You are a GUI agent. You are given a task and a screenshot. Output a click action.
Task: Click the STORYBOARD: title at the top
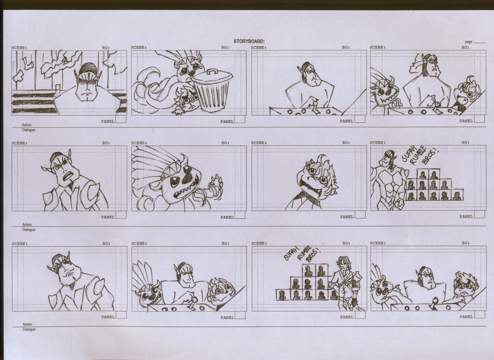point(249,41)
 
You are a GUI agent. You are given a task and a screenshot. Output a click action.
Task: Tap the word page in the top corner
point(469,42)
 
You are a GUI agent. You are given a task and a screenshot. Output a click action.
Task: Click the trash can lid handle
point(212,71)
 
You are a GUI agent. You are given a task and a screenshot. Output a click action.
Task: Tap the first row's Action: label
point(27,125)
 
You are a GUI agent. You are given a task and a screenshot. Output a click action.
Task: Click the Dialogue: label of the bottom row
point(29,329)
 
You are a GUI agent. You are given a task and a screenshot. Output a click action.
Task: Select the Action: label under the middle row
point(27,224)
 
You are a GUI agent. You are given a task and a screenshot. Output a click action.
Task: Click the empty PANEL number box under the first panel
point(121,119)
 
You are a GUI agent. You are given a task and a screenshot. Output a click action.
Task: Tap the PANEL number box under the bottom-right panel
point(480,315)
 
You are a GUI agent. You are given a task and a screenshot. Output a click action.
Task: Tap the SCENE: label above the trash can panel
point(139,48)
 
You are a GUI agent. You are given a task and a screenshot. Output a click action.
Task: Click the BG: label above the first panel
point(106,48)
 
